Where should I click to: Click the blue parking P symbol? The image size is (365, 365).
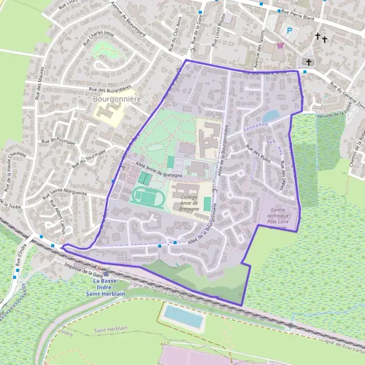tap(289, 31)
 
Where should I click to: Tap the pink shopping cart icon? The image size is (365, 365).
tap(280, 45)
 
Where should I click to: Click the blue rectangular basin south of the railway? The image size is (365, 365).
tap(184, 317)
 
